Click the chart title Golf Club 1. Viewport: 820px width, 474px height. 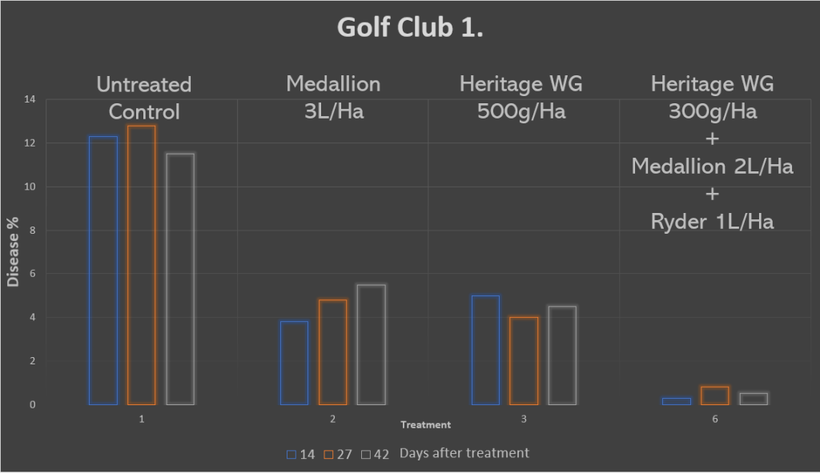pyautogui.click(x=409, y=28)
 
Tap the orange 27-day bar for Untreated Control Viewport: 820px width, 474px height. pyautogui.click(x=142, y=264)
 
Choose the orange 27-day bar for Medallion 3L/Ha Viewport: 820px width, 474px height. pyautogui.click(x=332, y=351)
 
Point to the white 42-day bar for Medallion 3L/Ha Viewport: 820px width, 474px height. pyautogui.click(x=371, y=344)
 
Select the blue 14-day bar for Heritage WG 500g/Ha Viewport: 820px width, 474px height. pyautogui.click(x=485, y=350)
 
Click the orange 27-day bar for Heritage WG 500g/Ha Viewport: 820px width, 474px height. pyautogui.click(x=524, y=360)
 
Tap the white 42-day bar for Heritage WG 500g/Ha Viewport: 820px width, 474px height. pyautogui.click(x=562, y=355)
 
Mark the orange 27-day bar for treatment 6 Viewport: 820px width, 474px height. pyautogui.click(x=715, y=396)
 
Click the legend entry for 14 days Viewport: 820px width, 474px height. pyautogui.click(x=300, y=454)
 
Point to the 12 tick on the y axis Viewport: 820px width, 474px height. pyautogui.click(x=32, y=143)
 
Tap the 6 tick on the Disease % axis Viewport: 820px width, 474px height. pyautogui.click(x=33, y=274)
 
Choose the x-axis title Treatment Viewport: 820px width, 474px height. pyautogui.click(x=425, y=425)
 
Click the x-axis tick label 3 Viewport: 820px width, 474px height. pyautogui.click(x=524, y=419)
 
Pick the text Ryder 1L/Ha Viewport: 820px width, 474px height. pyautogui.click(x=713, y=222)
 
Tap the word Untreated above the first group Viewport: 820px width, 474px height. pyautogui.click(x=144, y=84)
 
